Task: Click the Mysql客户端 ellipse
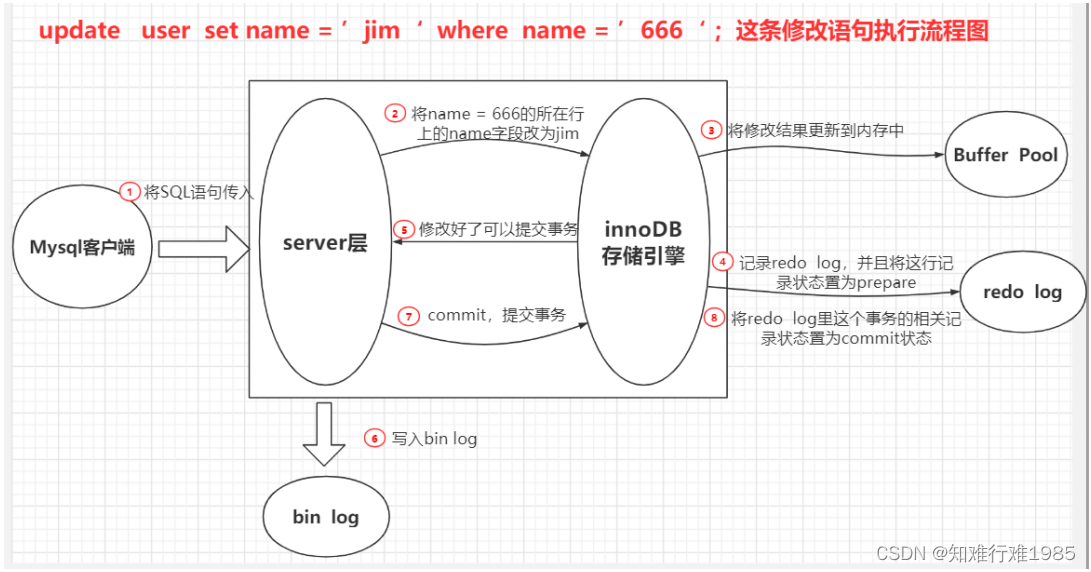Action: point(82,247)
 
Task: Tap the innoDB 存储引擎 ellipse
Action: point(643,244)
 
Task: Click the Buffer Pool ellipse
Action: point(1006,155)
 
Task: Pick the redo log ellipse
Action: point(1021,292)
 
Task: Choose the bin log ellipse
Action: point(325,517)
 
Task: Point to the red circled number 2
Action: point(396,113)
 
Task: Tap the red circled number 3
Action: point(711,130)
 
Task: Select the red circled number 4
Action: point(722,262)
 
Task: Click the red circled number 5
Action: point(404,229)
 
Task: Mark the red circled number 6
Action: point(374,438)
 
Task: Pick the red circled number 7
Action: point(408,315)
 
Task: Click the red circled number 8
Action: point(713,318)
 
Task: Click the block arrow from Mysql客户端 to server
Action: point(203,248)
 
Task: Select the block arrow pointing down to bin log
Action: point(323,433)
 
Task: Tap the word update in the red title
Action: point(79,31)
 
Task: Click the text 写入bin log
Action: point(434,438)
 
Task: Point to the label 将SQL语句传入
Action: point(198,192)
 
